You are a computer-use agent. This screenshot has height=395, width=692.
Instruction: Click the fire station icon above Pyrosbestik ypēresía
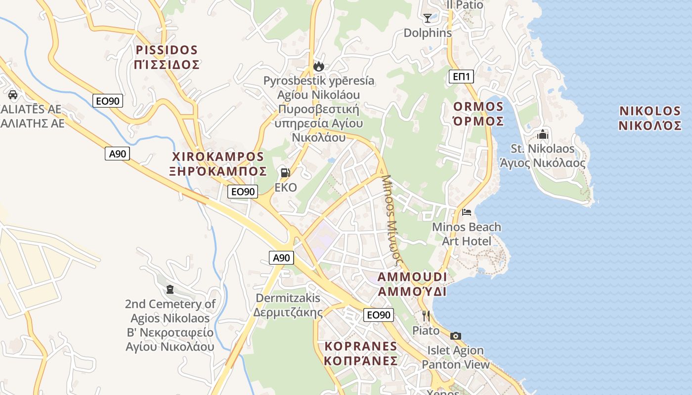319,66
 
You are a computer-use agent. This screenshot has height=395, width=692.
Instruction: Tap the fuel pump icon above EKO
285,173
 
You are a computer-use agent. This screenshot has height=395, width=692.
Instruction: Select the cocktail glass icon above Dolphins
428,18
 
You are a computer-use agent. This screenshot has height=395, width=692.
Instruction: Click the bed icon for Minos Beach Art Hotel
466,212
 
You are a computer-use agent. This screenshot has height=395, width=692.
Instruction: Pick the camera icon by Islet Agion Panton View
456,336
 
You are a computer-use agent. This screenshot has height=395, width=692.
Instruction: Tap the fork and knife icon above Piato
426,316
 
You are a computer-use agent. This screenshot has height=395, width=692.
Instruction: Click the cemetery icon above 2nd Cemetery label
170,289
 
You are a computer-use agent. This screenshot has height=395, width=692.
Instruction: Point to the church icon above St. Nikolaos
543,134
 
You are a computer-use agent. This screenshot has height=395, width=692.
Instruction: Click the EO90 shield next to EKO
243,192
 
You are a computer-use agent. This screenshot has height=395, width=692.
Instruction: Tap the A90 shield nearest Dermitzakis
282,258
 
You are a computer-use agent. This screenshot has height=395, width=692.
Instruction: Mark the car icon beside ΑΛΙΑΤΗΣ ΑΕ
13,94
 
